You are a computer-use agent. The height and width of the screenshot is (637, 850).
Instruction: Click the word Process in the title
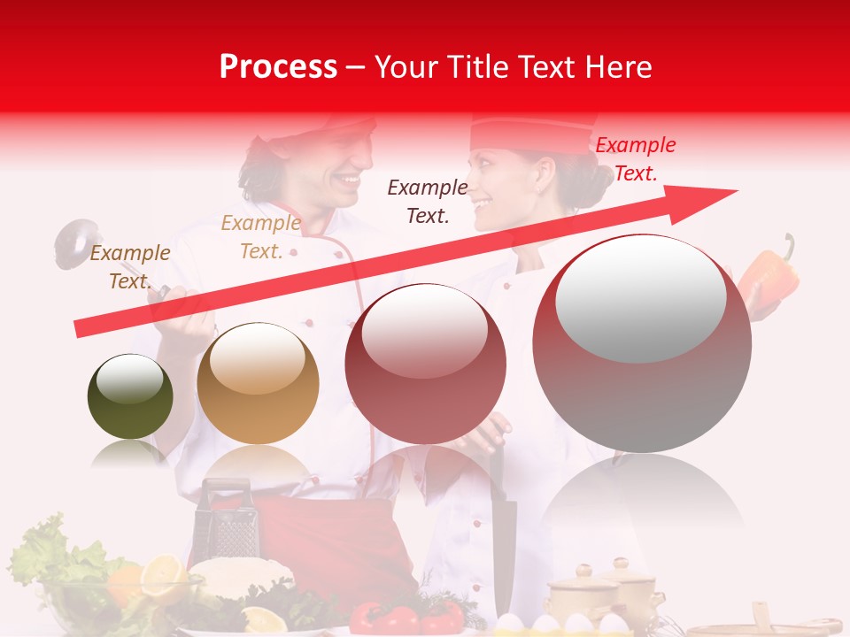[278, 66]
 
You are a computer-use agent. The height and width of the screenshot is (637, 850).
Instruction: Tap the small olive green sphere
[130, 396]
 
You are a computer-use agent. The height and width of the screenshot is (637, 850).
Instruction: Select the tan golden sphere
[258, 383]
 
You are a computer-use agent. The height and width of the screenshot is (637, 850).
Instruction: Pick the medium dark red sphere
[426, 364]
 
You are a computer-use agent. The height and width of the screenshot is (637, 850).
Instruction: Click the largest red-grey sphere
[642, 343]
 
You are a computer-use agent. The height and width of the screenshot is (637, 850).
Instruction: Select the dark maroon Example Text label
[427, 201]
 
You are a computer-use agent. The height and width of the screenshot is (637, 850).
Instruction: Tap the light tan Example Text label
[260, 237]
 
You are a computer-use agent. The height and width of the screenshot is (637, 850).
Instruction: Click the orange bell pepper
[769, 277]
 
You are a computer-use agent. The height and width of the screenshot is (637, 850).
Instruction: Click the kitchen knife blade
[502, 531]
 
